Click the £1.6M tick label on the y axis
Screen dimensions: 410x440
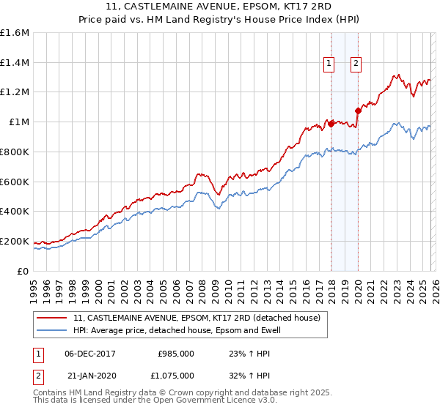[15, 33]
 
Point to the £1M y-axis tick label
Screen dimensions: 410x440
[19, 122]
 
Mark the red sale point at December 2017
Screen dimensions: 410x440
[331, 123]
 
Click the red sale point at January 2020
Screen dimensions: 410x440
[358, 111]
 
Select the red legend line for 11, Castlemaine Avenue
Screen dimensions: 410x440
[51, 318]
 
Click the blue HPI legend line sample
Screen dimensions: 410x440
[51, 331]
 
